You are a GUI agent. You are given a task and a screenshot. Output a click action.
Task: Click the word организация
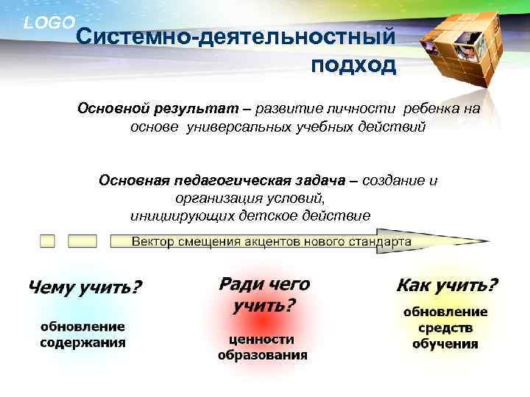pos(212,198)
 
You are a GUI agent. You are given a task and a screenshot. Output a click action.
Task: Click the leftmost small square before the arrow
pos(48,241)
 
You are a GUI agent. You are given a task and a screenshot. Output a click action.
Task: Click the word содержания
pos(82,342)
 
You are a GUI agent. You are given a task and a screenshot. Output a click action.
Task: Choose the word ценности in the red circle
pos(262,340)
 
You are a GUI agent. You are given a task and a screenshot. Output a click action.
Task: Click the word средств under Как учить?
pos(445,328)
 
